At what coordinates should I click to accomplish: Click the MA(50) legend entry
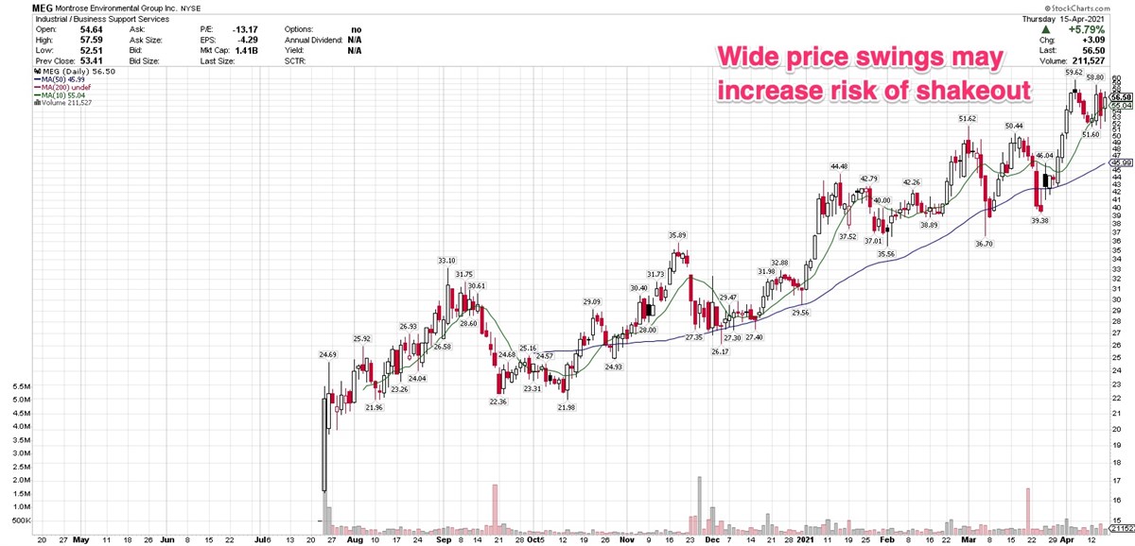point(58,78)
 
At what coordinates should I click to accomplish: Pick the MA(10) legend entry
point(58,95)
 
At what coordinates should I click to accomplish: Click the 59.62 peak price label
point(1074,72)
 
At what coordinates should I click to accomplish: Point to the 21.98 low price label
point(567,406)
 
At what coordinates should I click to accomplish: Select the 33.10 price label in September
point(447,261)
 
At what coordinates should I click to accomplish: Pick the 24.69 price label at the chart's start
point(327,355)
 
